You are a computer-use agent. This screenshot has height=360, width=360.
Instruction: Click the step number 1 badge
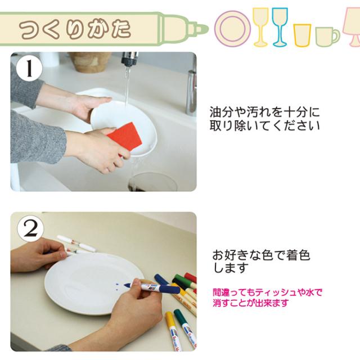[x=29, y=69]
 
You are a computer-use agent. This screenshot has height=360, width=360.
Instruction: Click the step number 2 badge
[x=30, y=229]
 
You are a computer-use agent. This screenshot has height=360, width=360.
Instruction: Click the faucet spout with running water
[x=129, y=58]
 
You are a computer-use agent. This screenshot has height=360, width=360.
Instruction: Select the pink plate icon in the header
[x=232, y=29]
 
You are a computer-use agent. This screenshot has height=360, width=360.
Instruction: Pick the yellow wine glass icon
[x=260, y=27]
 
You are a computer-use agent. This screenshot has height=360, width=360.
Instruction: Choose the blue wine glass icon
[x=280, y=27]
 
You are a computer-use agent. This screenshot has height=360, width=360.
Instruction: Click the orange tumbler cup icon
[x=302, y=35]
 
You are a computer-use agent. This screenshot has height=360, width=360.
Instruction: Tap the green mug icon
[x=327, y=37]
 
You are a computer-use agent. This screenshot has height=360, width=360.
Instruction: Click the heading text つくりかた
[x=75, y=29]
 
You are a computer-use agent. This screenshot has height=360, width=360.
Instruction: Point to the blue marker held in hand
[x=152, y=287]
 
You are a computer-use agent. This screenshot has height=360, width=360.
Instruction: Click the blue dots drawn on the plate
[x=117, y=287]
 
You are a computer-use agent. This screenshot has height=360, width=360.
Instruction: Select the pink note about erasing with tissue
[x=267, y=298]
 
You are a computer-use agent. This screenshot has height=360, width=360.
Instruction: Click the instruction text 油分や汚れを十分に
[x=264, y=112]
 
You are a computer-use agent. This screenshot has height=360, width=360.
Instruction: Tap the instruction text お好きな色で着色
[x=261, y=255]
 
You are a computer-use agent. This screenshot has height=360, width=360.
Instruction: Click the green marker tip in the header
[x=202, y=29]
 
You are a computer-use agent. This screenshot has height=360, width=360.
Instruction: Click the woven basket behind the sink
[x=90, y=62]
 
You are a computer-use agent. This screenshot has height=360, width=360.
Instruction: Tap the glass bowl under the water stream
[x=152, y=182]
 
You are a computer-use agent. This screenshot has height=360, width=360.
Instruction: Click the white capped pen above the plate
[x=76, y=243]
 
